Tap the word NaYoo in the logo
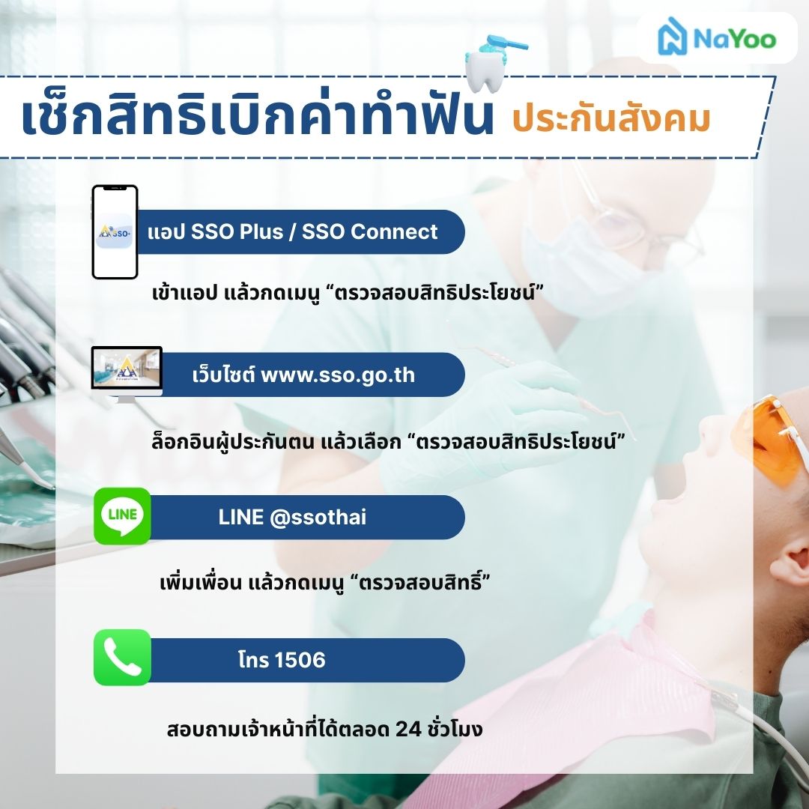click(x=734, y=39)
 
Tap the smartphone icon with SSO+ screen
click(x=115, y=232)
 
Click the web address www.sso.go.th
click(x=338, y=375)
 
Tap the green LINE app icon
click(x=122, y=515)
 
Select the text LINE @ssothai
click(x=292, y=517)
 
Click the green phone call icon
click(x=122, y=658)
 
